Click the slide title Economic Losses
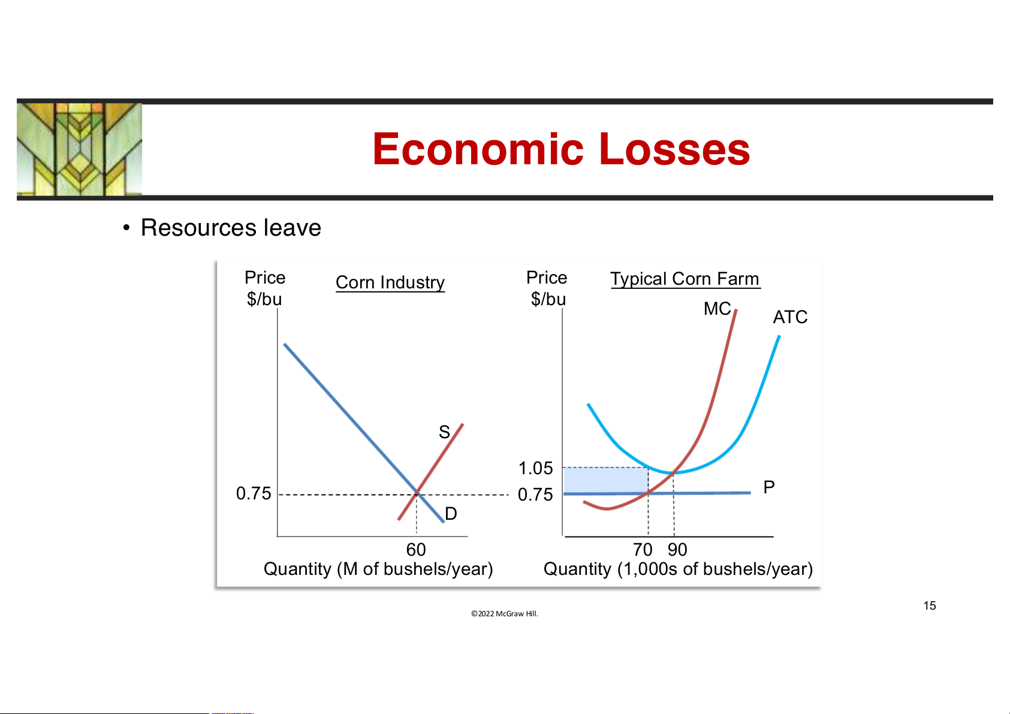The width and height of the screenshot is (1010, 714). coord(561,149)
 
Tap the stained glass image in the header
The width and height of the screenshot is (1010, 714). coord(79,149)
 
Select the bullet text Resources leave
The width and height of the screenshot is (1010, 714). coord(231,227)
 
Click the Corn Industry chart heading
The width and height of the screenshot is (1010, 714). coord(390,282)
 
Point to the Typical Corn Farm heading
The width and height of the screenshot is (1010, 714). coord(685,279)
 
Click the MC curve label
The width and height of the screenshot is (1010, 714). coord(717,309)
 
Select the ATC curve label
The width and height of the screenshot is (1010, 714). coord(790,317)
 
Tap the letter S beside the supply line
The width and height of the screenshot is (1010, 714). coord(444,432)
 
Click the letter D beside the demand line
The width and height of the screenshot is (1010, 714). coord(451,514)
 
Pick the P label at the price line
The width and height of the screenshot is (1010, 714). coord(769,487)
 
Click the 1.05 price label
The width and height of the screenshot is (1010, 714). coord(535,468)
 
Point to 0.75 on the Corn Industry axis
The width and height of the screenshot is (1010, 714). coord(254,493)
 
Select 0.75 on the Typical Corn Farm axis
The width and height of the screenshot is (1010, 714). coord(535,495)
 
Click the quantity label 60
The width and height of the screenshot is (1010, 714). coord(416,550)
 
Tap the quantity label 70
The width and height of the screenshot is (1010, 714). coord(643,550)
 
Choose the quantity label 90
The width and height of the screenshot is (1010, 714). coord(677,550)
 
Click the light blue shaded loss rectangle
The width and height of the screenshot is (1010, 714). coord(606,480)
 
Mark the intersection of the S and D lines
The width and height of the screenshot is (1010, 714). coord(417,493)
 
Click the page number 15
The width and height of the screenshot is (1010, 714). coord(929,605)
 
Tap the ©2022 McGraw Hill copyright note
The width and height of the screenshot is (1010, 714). coord(505,613)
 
